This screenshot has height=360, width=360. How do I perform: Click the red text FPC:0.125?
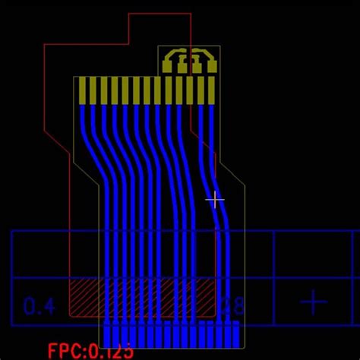pos(90,351)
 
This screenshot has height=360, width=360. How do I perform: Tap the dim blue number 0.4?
pos(39,306)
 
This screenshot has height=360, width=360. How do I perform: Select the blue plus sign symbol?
pos(313,302)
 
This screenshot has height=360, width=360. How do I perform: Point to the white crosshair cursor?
pos(215,200)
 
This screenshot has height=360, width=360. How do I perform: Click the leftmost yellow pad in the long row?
pos(83,90)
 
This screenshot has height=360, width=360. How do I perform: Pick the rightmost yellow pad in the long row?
pos(210,90)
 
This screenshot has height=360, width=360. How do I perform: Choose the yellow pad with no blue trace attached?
pos(189,90)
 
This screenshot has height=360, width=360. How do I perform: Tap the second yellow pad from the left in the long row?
pos(93,90)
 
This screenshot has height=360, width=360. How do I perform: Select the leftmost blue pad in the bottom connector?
pos(107,334)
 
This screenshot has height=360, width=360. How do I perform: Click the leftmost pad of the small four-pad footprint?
pos(167,67)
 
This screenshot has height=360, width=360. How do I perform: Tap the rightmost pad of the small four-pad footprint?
pos(212,67)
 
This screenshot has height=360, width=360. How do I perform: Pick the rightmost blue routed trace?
pos(226,251)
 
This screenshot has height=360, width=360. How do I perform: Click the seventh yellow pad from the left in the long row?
pos(147,90)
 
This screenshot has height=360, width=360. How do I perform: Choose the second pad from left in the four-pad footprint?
pos(182,67)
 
